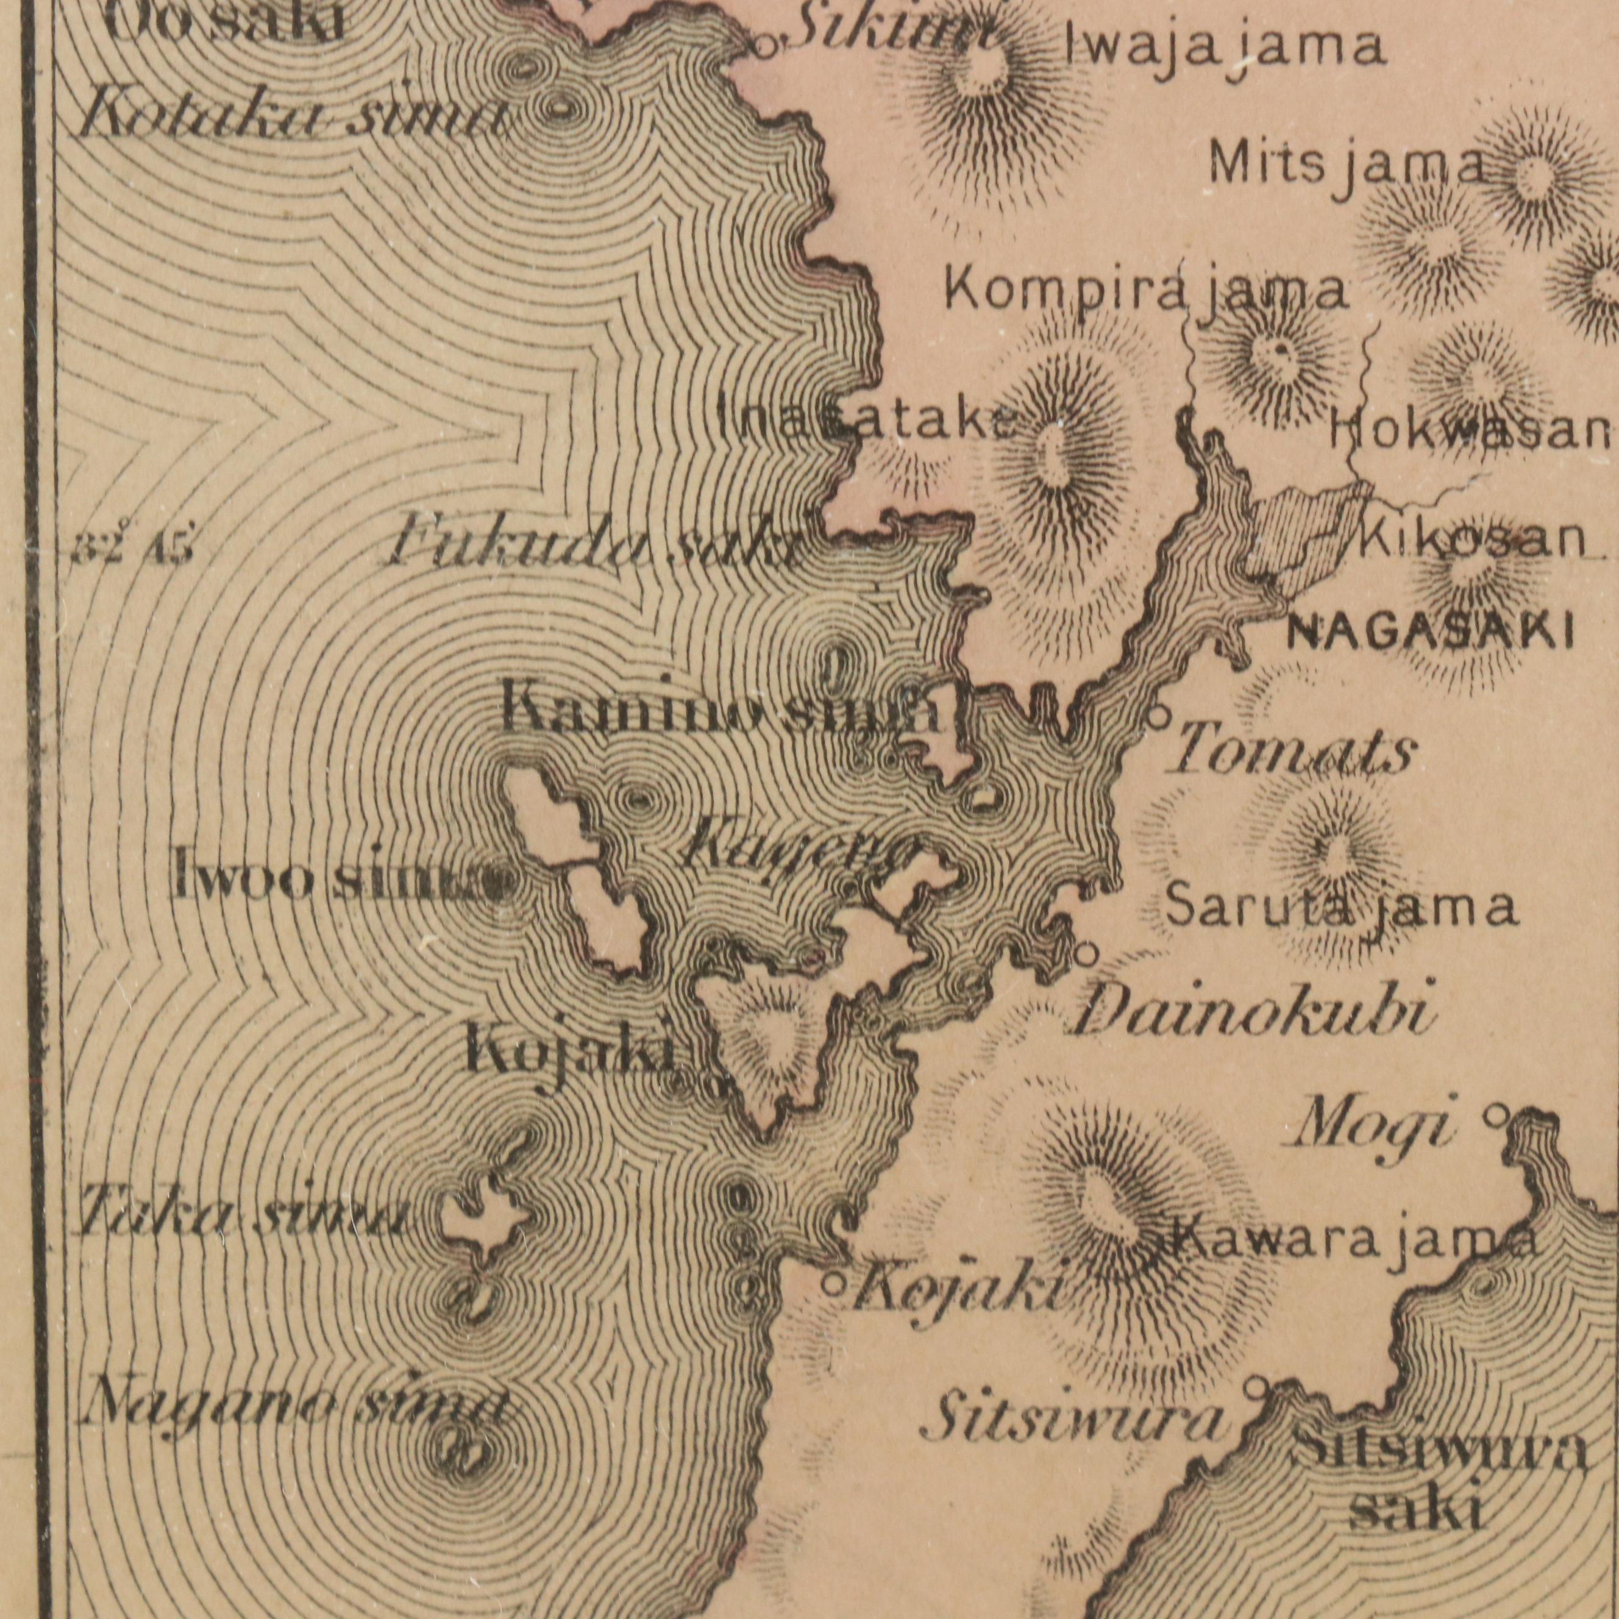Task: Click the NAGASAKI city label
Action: (x=1429, y=632)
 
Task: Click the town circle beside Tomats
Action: (x=1159, y=716)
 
